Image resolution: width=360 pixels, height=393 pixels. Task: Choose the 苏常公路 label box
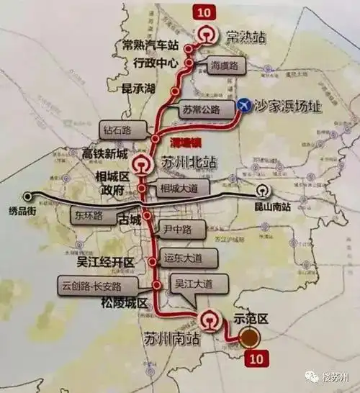tap(204, 112)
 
